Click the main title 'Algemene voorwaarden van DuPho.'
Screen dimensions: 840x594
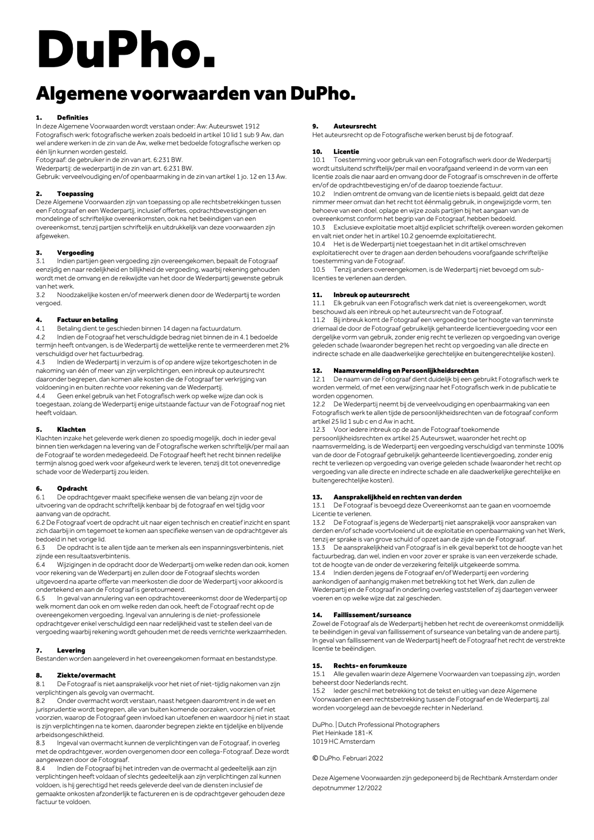(195, 94)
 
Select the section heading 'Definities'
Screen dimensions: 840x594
(72, 118)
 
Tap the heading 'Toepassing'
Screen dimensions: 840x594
(75, 193)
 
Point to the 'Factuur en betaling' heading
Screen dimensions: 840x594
(87, 320)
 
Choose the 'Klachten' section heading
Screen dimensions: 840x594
(71, 429)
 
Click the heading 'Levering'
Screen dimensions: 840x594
(71, 650)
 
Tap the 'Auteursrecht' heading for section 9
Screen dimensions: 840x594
(355, 126)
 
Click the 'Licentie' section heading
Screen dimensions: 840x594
(346, 152)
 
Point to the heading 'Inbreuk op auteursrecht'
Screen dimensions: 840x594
(371, 295)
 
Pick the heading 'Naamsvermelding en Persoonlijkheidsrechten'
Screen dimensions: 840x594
(406, 370)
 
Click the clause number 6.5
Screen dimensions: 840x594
(40, 598)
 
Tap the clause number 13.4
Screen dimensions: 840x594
(319, 573)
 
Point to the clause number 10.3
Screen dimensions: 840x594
(319, 227)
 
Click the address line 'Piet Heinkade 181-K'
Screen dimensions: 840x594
(342, 733)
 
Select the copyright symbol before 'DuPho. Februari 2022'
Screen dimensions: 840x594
(315, 758)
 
